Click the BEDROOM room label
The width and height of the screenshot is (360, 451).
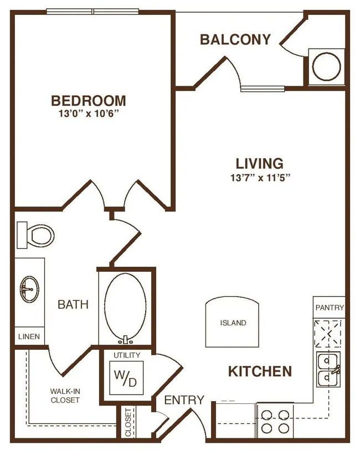[x=88, y=101]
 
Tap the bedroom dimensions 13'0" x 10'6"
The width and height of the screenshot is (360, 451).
[x=88, y=114]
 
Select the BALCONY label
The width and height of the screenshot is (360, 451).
[x=235, y=40]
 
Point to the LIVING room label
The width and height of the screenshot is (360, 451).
[x=259, y=164]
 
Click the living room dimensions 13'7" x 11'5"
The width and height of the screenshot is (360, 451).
[x=259, y=177]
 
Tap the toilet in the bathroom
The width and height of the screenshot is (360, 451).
[x=36, y=235]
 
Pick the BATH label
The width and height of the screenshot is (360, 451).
[x=73, y=304]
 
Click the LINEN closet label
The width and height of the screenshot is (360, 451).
[x=29, y=336]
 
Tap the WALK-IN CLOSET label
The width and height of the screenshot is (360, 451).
[x=65, y=395]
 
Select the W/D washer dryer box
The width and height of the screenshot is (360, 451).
[x=126, y=377]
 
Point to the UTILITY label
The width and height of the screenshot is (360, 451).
[x=127, y=355]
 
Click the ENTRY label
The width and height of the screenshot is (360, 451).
[x=184, y=400]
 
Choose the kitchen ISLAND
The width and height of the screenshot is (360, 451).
[x=232, y=322]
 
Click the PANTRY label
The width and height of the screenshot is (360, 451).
[x=329, y=308]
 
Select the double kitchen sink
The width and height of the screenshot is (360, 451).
[x=329, y=370]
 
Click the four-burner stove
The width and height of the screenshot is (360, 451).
[x=275, y=421]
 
